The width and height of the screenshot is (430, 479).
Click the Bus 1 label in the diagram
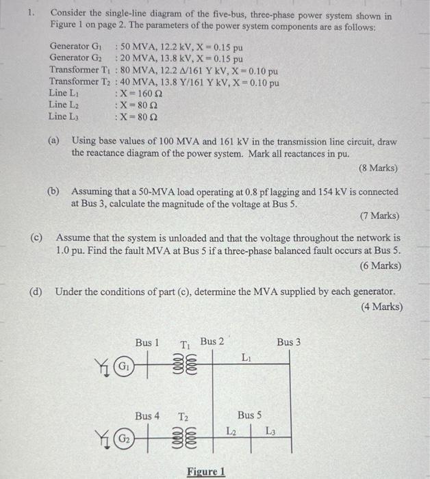[147, 342]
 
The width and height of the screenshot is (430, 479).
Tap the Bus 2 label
[212, 341]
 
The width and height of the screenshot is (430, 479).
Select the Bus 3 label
[288, 341]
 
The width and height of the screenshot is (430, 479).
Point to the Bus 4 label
[147, 416]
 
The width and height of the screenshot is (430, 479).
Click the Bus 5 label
[249, 415]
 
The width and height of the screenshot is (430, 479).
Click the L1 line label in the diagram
[246, 357]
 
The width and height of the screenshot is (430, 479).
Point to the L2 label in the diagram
[231, 430]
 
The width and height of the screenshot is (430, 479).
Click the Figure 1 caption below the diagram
[205, 471]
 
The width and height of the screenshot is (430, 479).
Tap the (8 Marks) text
[378, 168]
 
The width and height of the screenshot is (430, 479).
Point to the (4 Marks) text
[381, 307]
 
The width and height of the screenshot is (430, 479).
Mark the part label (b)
[53, 192]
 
